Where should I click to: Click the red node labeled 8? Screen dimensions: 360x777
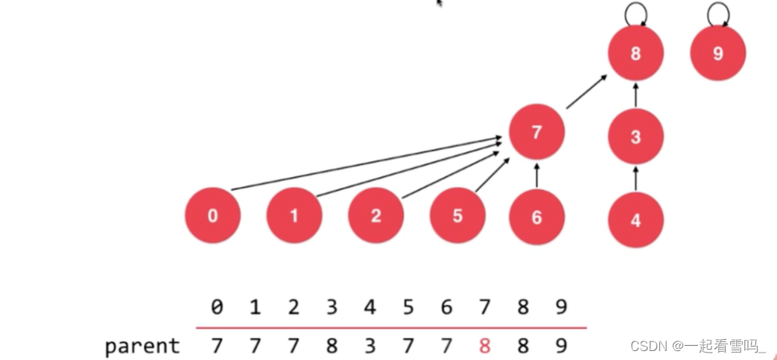point(635,54)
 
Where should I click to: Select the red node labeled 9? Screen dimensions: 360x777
point(717,54)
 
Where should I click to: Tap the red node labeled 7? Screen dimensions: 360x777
point(536,132)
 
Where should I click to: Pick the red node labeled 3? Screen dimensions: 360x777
point(635,136)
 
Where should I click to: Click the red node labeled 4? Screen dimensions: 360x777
point(635,220)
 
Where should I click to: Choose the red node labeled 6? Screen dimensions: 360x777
point(536,217)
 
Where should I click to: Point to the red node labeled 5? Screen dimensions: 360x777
point(457,216)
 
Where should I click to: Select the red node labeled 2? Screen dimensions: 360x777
point(375,216)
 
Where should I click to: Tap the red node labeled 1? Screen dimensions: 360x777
point(294,216)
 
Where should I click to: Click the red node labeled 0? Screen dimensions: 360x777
point(213,216)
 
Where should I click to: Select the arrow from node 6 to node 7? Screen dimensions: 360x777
point(536,176)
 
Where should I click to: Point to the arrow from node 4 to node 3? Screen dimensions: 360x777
point(635,179)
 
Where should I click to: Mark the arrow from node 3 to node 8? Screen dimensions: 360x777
point(635,95)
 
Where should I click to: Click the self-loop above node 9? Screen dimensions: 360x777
point(717,12)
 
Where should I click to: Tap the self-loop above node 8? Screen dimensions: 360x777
point(635,12)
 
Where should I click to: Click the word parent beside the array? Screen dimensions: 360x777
point(142,346)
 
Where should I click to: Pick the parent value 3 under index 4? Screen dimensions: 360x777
point(370,346)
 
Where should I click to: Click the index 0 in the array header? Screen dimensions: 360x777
point(217,307)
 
